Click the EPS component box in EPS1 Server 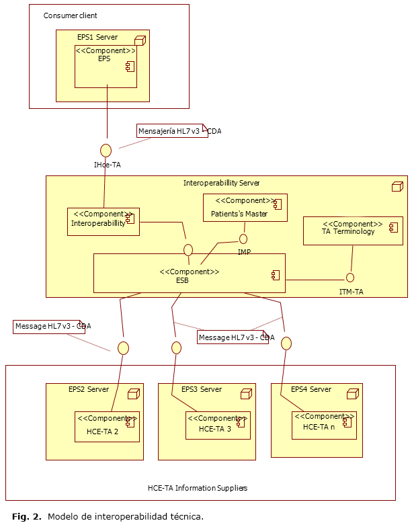pos(106,66)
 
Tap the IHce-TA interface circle pos(106,150)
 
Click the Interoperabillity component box pos(104,221)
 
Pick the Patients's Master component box pos(245,208)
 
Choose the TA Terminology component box pos(353,231)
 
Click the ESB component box pos(189,273)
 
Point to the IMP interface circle pos(243,239)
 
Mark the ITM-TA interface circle pos(349,278)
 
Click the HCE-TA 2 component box pos(107,426)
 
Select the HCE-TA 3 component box pos(218,425)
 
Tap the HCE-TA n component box pos(324,425)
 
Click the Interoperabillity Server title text pos(221,183)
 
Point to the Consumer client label pos(70,15)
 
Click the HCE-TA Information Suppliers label pos(198,488)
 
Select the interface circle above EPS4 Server pos(286,343)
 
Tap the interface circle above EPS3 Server pos(176,348)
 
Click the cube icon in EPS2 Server pos(133,394)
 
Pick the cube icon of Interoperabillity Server pos(397,186)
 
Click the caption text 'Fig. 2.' pos(27,517)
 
